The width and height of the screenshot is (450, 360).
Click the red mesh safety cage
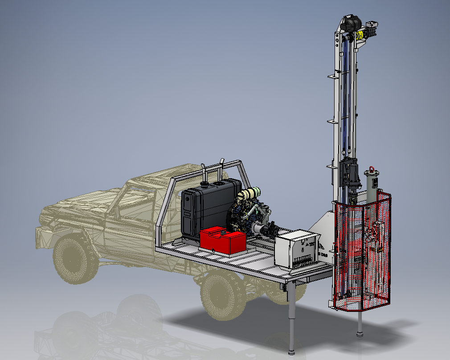click(x=363, y=252)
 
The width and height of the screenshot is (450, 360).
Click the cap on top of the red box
click(x=218, y=232)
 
